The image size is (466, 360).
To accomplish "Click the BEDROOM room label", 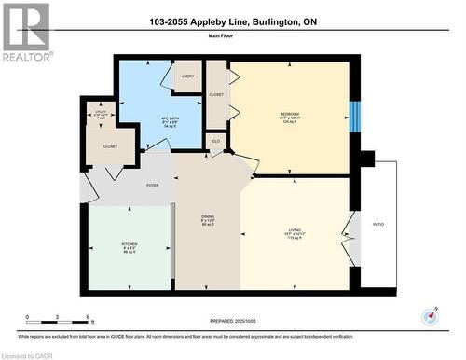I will (289, 114).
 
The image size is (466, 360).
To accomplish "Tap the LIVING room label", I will (295, 228).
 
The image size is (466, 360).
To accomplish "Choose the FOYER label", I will (152, 186).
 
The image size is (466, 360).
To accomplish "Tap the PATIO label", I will (377, 225).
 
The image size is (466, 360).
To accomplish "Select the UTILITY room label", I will (104, 114).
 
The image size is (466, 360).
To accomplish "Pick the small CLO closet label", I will (215, 141).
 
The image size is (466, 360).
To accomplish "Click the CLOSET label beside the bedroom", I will (217, 94).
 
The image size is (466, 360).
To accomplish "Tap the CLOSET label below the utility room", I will (110, 146).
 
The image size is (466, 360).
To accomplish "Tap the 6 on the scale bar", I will (87, 318).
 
